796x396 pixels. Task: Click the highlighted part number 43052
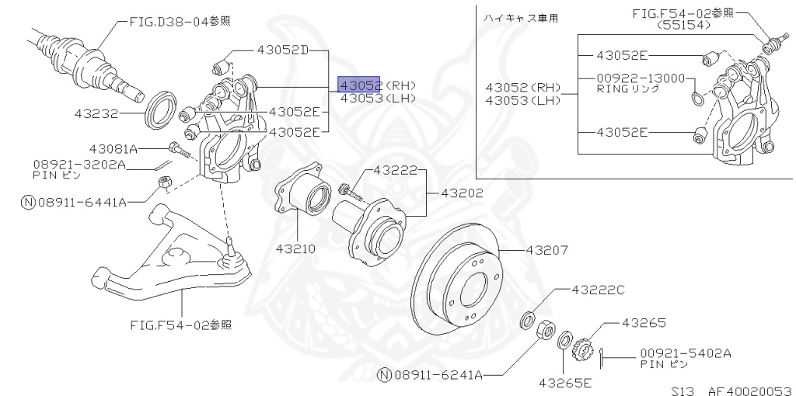359,85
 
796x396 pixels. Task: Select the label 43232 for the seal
96,113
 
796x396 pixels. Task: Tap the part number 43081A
113,148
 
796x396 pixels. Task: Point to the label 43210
295,249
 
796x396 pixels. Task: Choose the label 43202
462,193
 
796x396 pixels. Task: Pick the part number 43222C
598,290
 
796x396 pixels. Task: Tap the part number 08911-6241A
439,375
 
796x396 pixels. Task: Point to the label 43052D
283,50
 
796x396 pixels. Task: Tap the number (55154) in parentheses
685,25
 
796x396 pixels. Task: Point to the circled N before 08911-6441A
28,202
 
